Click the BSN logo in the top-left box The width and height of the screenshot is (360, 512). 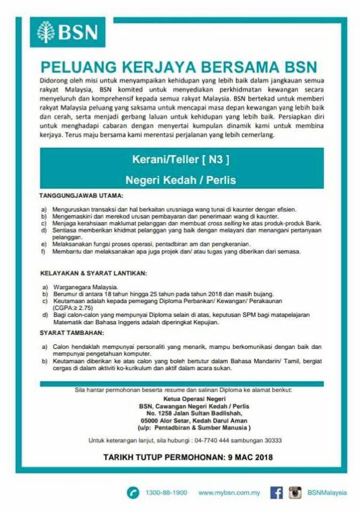point(67,32)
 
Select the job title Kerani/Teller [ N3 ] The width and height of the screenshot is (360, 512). point(181,158)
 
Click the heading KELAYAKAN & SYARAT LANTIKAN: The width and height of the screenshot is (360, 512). point(93,274)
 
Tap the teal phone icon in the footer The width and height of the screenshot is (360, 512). point(133,493)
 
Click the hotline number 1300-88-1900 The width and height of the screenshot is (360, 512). point(166,493)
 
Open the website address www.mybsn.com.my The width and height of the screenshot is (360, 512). point(229,493)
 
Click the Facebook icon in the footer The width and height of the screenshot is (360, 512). point(276,493)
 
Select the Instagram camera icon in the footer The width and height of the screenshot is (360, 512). point(295,493)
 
